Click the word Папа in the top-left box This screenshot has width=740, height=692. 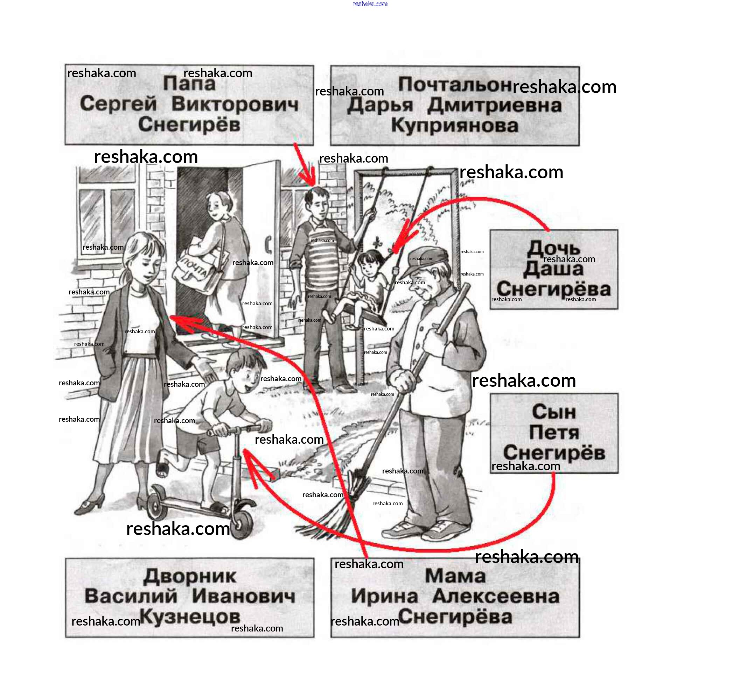(189, 83)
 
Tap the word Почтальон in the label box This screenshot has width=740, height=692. (454, 84)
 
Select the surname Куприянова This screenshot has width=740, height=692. (454, 125)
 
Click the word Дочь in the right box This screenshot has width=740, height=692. (553, 248)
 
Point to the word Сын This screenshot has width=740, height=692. (553, 412)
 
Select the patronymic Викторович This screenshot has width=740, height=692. (235, 104)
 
